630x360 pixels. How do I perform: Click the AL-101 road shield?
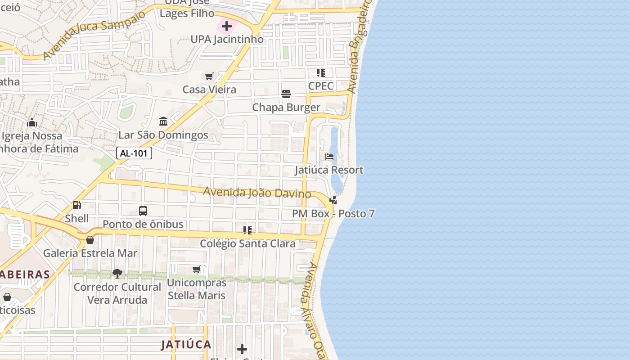pyautogui.click(x=134, y=153)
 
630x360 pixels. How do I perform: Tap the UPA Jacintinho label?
pyautogui.click(x=227, y=39)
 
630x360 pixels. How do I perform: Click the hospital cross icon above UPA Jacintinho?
pyautogui.click(x=227, y=26)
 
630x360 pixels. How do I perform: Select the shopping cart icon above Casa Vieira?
pyautogui.click(x=209, y=76)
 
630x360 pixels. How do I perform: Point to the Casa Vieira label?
pyautogui.click(x=209, y=90)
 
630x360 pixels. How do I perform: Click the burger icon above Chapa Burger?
pyautogui.click(x=286, y=94)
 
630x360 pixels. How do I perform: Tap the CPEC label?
pyautogui.click(x=321, y=86)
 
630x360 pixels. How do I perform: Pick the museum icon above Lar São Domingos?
pyautogui.click(x=163, y=121)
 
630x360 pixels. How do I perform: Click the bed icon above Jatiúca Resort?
pyautogui.click(x=329, y=157)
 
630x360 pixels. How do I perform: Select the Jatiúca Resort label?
pyautogui.click(x=329, y=170)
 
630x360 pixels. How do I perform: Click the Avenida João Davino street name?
pyautogui.click(x=257, y=193)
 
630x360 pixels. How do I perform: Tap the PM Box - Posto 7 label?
pyautogui.click(x=333, y=214)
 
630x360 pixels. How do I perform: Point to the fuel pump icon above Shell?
pyautogui.click(x=77, y=205)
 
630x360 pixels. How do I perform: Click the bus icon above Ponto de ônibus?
pyautogui.click(x=143, y=211)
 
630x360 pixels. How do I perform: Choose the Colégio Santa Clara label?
pyautogui.click(x=247, y=244)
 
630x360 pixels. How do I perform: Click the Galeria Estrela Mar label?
pyautogui.click(x=90, y=253)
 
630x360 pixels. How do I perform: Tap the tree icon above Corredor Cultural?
pyautogui.click(x=117, y=273)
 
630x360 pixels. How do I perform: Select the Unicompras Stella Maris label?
pyautogui.click(x=197, y=289)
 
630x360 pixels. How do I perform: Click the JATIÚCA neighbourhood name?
pyautogui.click(x=186, y=345)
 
